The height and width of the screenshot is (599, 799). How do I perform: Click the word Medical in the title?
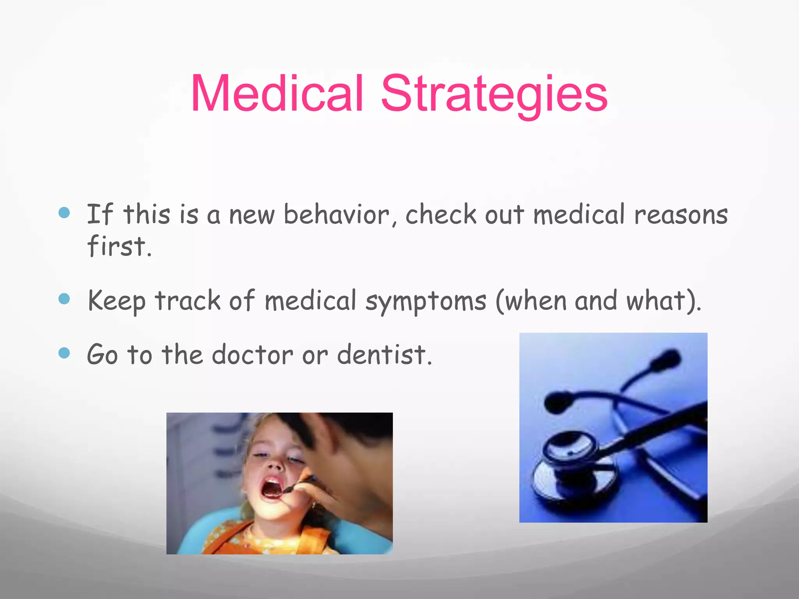pyautogui.click(x=277, y=94)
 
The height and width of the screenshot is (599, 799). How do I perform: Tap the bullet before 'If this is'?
pyautogui.click(x=64, y=213)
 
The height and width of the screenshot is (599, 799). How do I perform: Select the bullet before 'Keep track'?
pyautogui.click(x=64, y=299)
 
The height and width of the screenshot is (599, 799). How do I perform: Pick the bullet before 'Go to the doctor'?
pyautogui.click(x=64, y=353)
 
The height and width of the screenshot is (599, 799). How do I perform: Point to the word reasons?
pyautogui.click(x=681, y=215)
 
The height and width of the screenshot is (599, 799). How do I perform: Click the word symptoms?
pyautogui.click(x=426, y=301)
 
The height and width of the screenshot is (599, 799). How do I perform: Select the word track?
pyautogui.click(x=188, y=301)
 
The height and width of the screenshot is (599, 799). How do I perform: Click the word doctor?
pyautogui.click(x=252, y=354)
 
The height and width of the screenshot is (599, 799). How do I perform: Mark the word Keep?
pyautogui.click(x=116, y=301)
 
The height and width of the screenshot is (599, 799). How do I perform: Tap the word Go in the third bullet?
pyautogui.click(x=102, y=354)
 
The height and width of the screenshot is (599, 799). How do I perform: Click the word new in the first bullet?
pyautogui.click(x=252, y=215)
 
